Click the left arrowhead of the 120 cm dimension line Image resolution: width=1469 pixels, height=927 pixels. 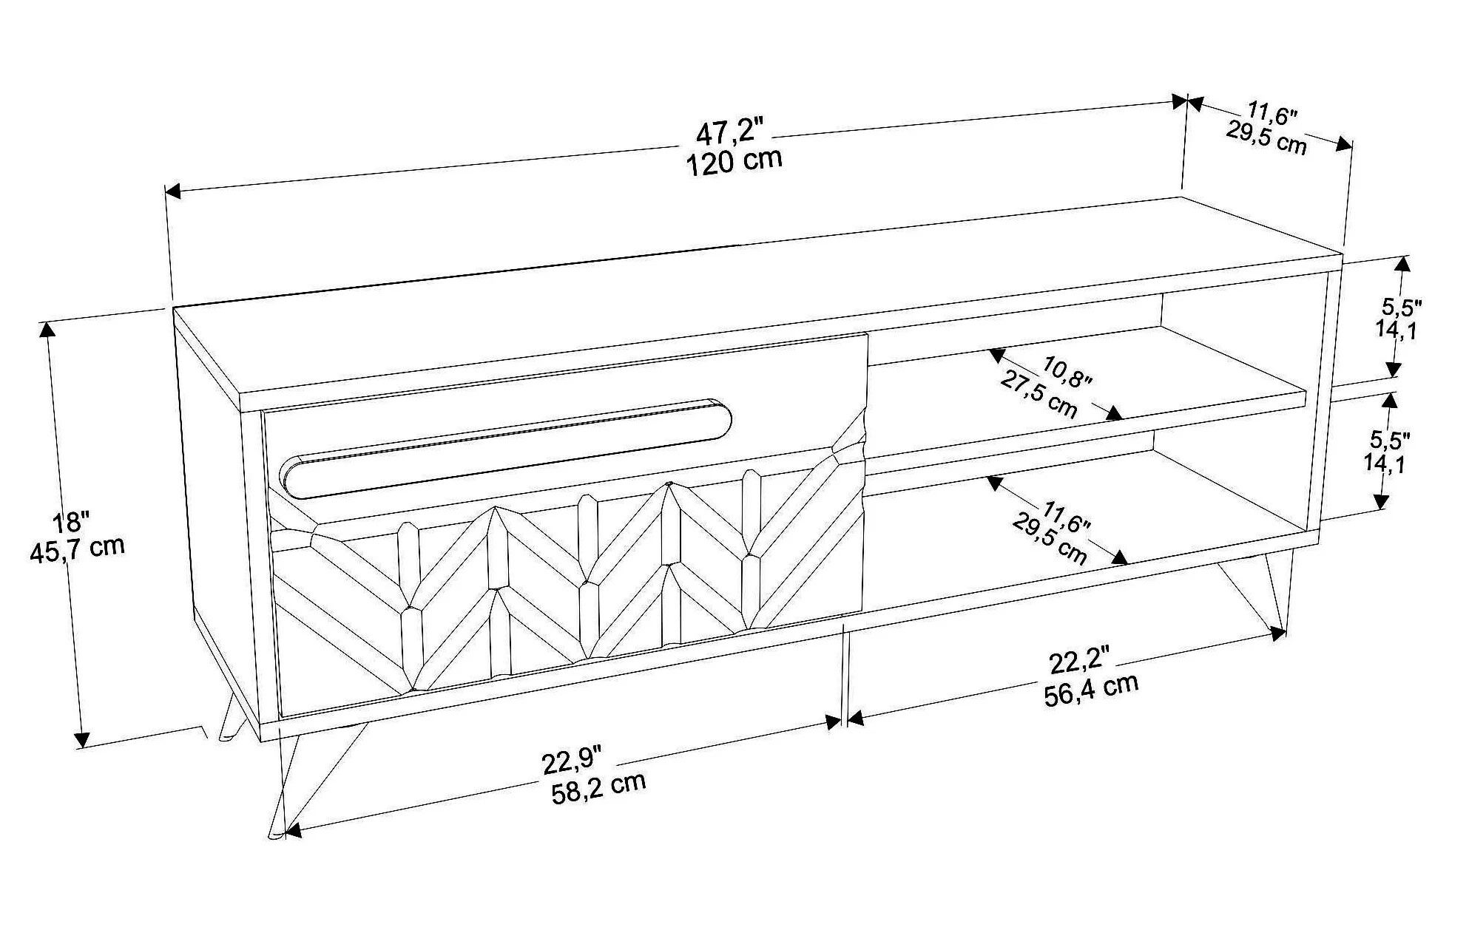pyautogui.click(x=172, y=191)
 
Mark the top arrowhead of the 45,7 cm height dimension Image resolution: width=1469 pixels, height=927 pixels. pyautogui.click(x=49, y=330)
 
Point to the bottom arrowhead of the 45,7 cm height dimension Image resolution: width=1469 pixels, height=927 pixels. pyautogui.click(x=82, y=739)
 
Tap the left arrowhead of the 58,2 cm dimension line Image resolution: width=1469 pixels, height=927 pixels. pyautogui.click(x=293, y=830)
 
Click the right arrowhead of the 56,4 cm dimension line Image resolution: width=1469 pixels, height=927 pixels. pyautogui.click(x=1277, y=633)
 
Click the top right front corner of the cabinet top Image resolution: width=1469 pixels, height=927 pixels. pyautogui.click(x=1342, y=254)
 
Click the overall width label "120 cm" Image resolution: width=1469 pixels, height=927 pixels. pyautogui.click(x=734, y=161)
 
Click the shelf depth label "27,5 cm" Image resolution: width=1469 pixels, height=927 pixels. pyautogui.click(x=1039, y=395)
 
